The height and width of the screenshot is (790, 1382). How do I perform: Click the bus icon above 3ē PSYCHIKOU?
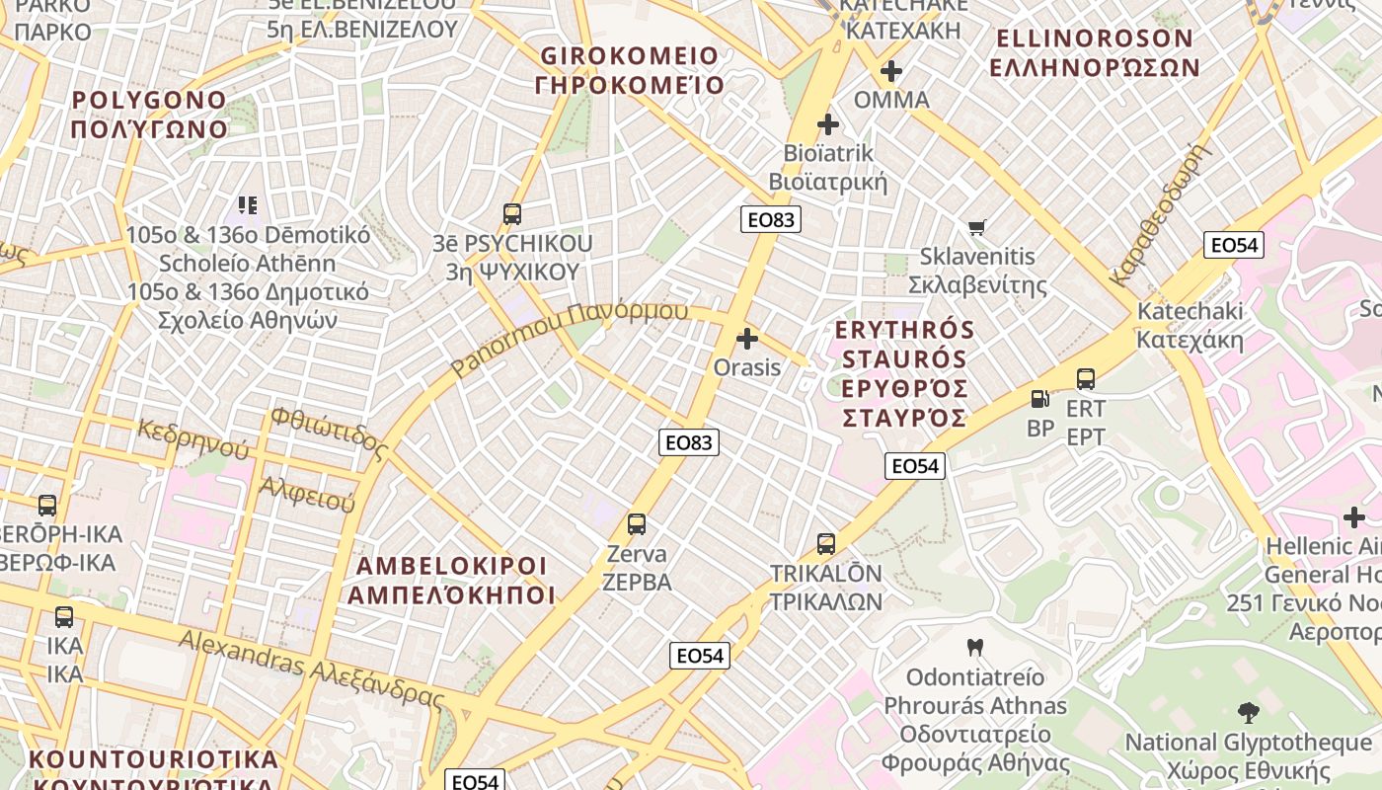tap(511, 213)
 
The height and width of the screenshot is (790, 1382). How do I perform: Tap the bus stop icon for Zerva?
tap(637, 524)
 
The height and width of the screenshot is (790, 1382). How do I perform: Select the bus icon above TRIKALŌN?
tap(826, 544)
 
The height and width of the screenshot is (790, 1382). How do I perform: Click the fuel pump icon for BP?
tap(1039, 398)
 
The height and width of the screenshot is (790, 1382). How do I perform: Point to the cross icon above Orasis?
tap(747, 339)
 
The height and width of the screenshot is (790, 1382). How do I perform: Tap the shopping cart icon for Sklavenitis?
tap(977, 228)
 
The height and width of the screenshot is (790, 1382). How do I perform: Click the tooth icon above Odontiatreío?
tap(975, 648)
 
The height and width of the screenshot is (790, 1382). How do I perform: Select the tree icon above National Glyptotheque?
tap(1248, 712)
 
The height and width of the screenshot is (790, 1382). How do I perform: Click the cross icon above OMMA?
tap(891, 71)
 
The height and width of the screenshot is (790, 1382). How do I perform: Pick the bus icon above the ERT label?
tap(1086, 378)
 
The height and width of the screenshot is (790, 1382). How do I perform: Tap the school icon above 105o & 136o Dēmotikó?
tap(247, 205)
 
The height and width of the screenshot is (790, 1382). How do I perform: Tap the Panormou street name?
tap(570, 339)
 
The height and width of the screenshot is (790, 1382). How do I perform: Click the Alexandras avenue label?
tap(311, 668)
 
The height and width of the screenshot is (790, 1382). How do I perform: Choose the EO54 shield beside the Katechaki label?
tap(1234, 245)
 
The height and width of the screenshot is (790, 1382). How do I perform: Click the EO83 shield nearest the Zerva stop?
tap(688, 442)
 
